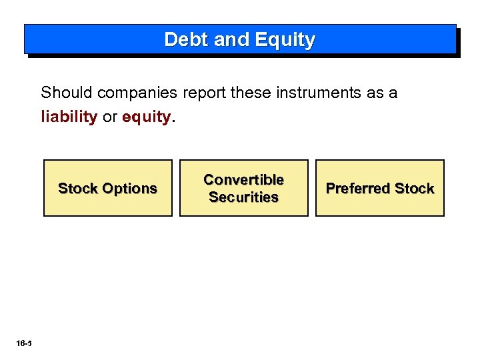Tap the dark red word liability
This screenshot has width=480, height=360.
69,117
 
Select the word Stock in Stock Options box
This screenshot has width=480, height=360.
77,189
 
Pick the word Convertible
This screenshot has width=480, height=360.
243,180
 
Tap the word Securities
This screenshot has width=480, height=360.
243,197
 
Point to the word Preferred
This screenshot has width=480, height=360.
355,189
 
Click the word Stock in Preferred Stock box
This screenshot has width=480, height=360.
414,189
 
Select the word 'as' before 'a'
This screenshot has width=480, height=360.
375,93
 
